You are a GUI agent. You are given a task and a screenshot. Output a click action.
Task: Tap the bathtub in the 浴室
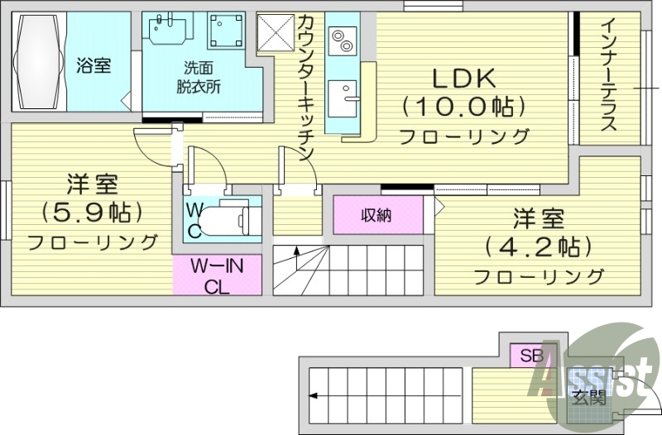pos(37,62)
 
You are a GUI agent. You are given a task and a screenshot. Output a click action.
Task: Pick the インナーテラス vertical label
pos(608,74)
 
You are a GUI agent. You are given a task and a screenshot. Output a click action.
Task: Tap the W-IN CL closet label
pos(217,277)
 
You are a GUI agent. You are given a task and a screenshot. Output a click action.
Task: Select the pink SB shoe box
pos(530,356)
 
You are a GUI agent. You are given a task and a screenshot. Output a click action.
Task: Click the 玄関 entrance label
pos(588,396)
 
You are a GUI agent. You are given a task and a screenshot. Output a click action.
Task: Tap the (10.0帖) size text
pos(463,107)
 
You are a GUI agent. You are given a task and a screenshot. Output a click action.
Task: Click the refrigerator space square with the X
pos(275,33)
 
